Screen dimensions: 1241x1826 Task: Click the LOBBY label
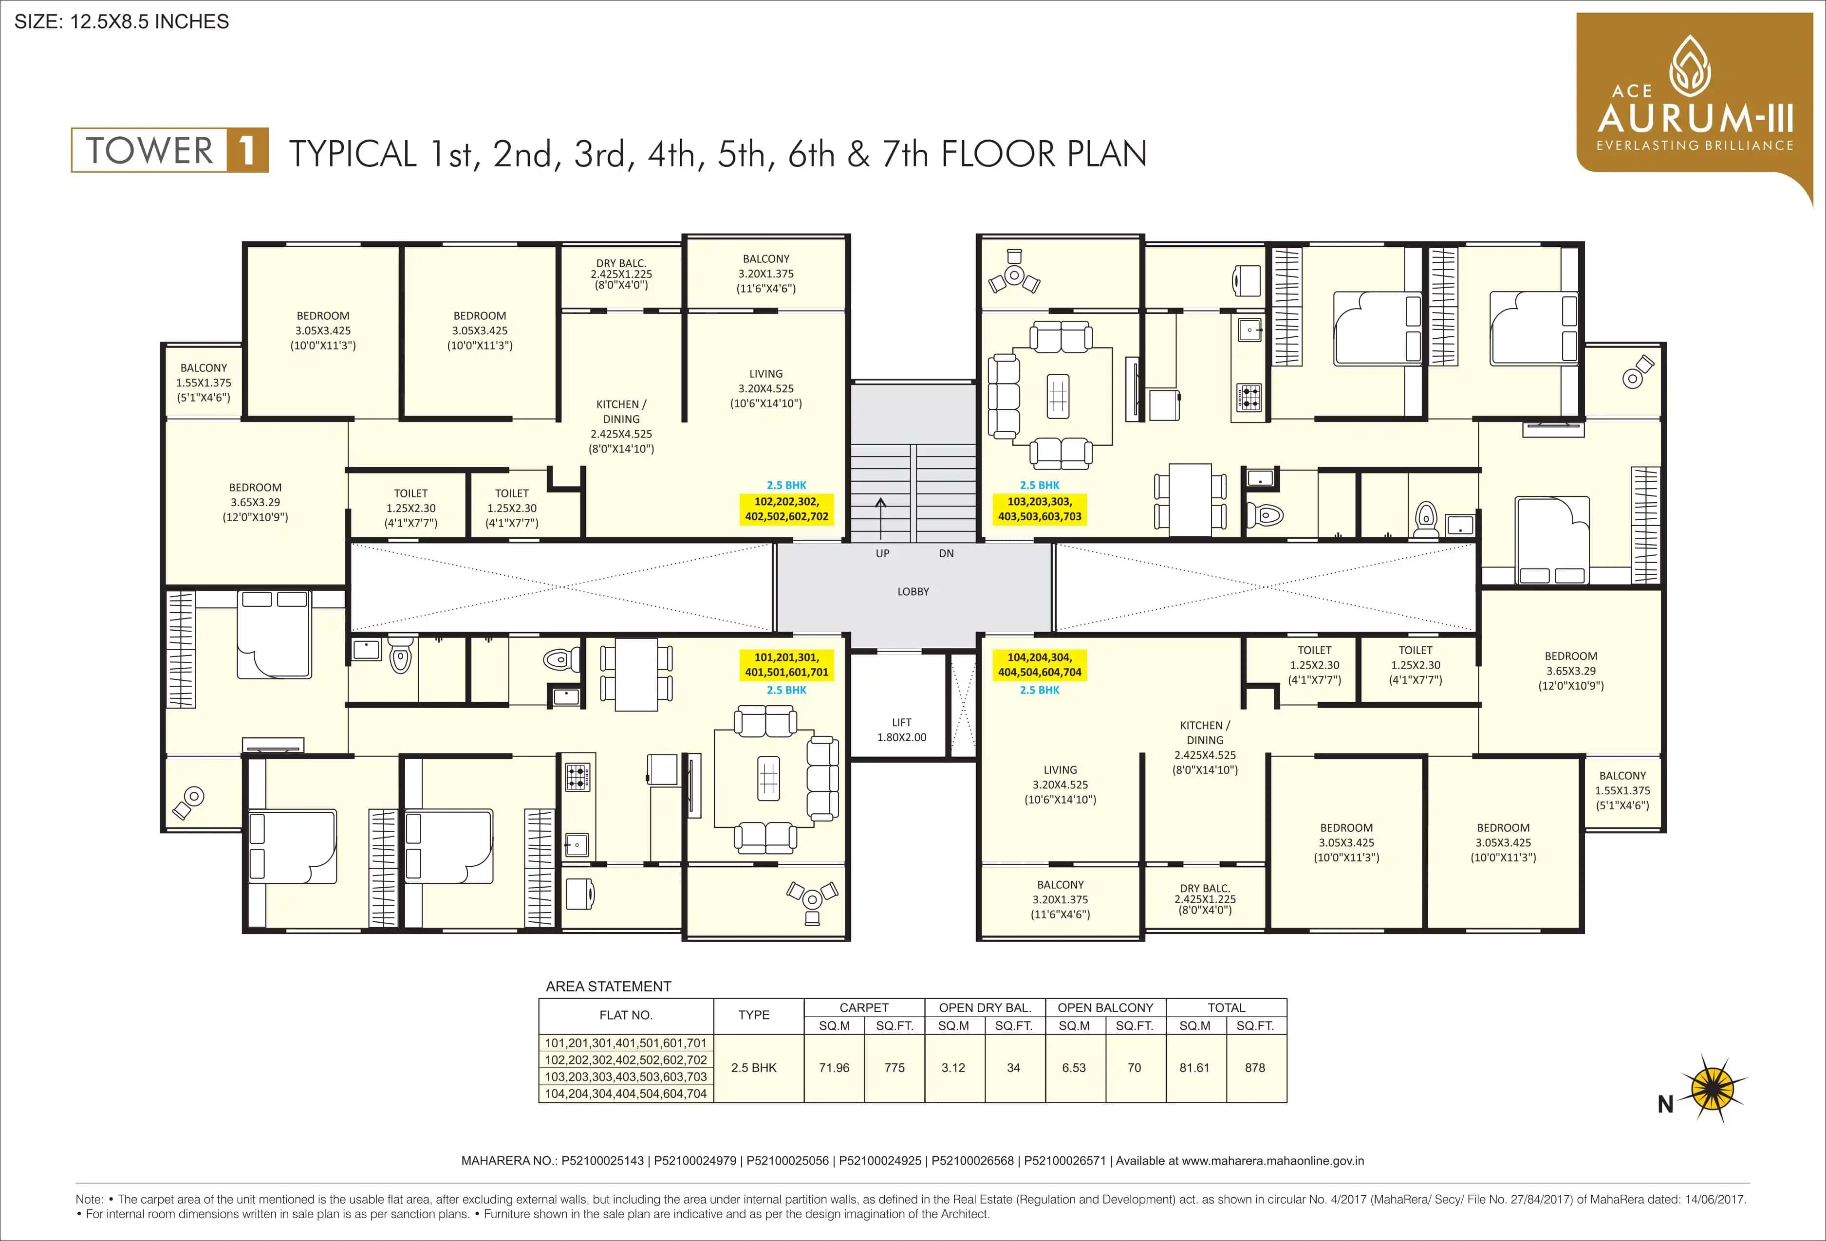[x=913, y=591]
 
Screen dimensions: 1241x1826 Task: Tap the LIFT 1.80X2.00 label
[x=901, y=730]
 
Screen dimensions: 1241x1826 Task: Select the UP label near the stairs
[x=882, y=554]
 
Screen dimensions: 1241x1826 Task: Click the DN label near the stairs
[x=946, y=554]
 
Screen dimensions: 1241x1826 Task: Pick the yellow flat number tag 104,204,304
[x=1040, y=664]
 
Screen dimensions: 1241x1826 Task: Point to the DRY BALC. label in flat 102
[x=621, y=274]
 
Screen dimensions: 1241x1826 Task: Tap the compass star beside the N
[x=1713, y=1090]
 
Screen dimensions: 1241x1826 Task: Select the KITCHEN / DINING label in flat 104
[x=1205, y=747]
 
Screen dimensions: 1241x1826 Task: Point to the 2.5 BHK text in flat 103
[x=1040, y=485]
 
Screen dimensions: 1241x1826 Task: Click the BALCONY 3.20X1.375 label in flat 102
[x=766, y=274]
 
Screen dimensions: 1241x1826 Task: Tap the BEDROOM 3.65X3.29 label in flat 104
[x=1571, y=671]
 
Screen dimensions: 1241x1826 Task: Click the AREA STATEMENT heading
[x=608, y=986]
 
